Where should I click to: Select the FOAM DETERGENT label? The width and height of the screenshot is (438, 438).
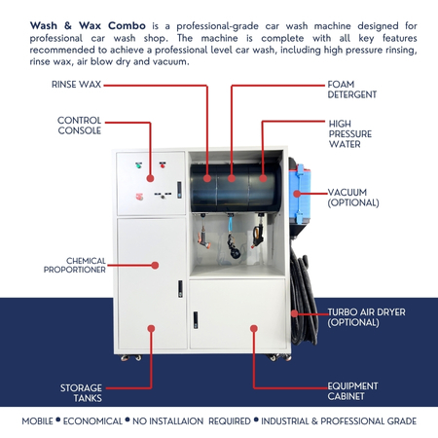[351, 90]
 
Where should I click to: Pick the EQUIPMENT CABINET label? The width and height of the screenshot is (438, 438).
[352, 392]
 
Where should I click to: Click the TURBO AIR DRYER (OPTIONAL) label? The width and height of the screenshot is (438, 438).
[365, 316]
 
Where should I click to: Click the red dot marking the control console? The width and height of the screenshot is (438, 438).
[151, 180]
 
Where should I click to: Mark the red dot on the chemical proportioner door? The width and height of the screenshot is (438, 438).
[152, 264]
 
